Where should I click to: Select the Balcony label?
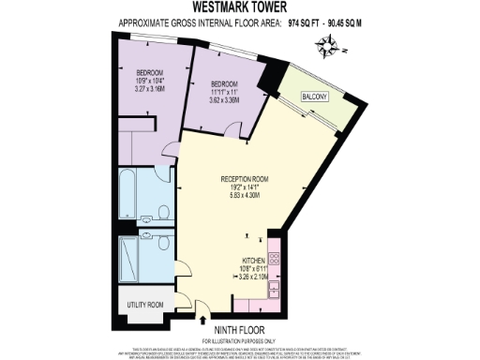point(314,97)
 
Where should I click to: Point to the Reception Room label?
point(245,179)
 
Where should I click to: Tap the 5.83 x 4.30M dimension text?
point(245,195)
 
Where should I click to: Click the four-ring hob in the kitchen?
point(275,254)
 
